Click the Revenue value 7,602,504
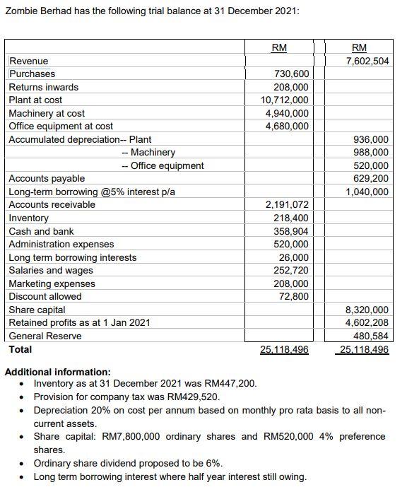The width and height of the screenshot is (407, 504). [367, 61]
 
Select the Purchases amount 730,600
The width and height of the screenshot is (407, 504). [290, 74]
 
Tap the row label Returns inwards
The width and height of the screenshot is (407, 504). [43, 87]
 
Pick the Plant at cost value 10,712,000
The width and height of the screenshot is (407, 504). [285, 100]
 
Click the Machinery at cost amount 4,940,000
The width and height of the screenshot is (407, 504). [287, 113]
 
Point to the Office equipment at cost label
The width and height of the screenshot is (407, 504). [61, 127]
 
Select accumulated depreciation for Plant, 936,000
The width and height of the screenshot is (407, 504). [371, 139]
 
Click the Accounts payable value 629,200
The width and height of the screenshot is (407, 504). [371, 179]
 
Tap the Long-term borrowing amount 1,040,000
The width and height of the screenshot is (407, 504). [367, 192]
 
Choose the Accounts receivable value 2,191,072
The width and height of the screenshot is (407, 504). [287, 205]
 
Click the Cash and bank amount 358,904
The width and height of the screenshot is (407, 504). [290, 231]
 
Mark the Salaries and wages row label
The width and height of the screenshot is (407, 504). [51, 271]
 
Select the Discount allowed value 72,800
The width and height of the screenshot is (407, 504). [293, 296]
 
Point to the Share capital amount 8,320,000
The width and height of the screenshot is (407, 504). [367, 310]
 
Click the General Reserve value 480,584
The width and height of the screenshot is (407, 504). [371, 336]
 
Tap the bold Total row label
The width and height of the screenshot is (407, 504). [20, 349]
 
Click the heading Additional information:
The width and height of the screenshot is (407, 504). [58, 372]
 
